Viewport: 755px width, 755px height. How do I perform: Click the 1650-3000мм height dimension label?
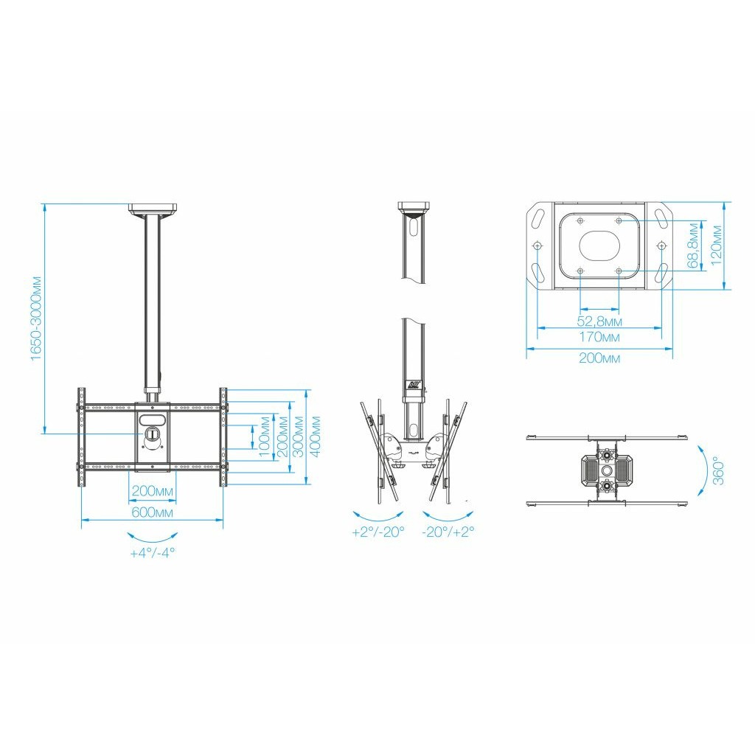(37, 318)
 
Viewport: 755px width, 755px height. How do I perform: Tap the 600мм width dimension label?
(152, 512)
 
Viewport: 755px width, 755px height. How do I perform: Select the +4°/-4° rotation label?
(152, 553)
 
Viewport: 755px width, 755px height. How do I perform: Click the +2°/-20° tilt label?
(378, 532)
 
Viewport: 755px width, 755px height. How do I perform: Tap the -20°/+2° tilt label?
(448, 532)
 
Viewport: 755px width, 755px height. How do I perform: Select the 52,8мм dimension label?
(599, 321)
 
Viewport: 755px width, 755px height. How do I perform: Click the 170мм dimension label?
(599, 337)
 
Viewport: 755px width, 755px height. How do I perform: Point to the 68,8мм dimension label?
(693, 245)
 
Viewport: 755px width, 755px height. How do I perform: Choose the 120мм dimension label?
(717, 245)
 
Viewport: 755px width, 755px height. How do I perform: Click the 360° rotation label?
(718, 470)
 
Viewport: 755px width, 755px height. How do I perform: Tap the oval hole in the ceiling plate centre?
(599, 245)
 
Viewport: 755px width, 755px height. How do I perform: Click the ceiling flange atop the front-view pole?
(153, 209)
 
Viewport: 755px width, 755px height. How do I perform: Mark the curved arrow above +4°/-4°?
(152, 537)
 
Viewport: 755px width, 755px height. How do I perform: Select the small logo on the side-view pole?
(414, 385)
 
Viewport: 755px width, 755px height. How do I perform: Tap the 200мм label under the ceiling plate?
(599, 358)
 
